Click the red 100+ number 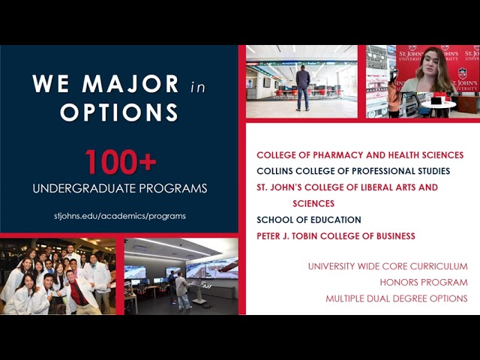(x=120, y=163)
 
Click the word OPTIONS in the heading (x=119, y=112)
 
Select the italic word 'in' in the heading (x=197, y=87)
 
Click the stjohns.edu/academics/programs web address (x=120, y=215)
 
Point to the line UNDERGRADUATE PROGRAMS (x=120, y=188)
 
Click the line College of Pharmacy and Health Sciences (x=360, y=155)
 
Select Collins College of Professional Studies (x=353, y=171)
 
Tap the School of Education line (x=309, y=220)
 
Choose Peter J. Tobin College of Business (x=335, y=236)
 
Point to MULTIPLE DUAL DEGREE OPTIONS (x=397, y=298)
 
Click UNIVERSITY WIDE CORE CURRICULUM (x=388, y=266)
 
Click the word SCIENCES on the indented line (x=313, y=203)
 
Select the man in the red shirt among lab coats (x=76, y=285)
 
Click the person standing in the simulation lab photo (x=181, y=289)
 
